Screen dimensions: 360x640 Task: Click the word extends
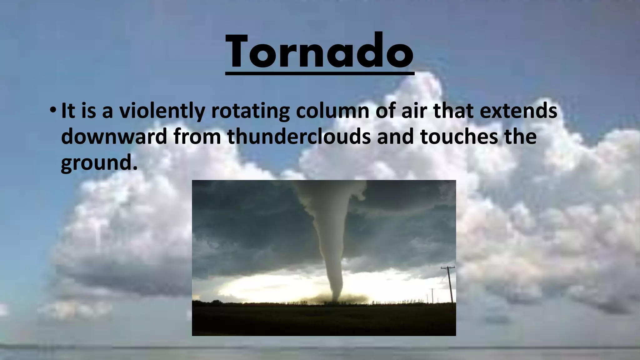(x=518, y=111)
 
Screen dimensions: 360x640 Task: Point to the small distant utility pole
(x=432, y=295)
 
